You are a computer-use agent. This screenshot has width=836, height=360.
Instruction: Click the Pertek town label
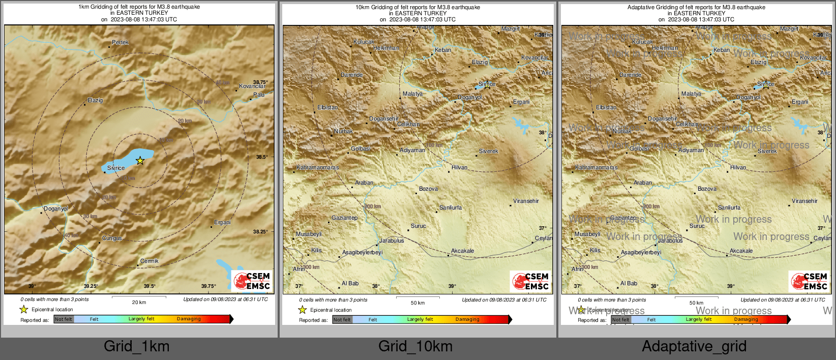[x=120, y=43]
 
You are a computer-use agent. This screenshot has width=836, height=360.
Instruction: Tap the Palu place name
[x=259, y=95]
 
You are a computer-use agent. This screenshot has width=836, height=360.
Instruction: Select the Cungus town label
[x=112, y=238]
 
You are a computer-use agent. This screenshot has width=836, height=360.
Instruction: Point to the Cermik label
[x=149, y=261]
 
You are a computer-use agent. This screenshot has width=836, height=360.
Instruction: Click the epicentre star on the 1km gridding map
[x=140, y=161]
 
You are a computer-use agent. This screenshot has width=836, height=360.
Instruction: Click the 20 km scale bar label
[x=139, y=302]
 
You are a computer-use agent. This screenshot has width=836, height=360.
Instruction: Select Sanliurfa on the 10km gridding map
[x=451, y=207]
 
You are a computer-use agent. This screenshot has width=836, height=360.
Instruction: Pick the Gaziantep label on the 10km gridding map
[x=344, y=218]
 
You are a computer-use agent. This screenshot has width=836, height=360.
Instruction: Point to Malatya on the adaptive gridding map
[x=691, y=94]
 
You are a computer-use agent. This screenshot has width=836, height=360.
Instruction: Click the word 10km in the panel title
[x=362, y=7]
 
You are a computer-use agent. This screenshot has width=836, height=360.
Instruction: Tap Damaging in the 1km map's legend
[x=189, y=319]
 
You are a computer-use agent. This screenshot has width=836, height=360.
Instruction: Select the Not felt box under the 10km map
[x=342, y=320]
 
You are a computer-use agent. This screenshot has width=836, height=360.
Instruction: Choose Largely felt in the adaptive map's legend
[x=699, y=319]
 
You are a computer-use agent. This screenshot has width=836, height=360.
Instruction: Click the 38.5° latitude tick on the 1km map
[x=261, y=157]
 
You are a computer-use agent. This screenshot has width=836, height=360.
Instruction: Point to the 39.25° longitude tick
[x=91, y=286]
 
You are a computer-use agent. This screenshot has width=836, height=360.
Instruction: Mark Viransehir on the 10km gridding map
[x=526, y=201]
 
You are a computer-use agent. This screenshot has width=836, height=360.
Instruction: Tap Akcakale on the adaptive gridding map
[x=741, y=251]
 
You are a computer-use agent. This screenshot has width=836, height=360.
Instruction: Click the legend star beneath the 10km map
[x=303, y=310]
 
